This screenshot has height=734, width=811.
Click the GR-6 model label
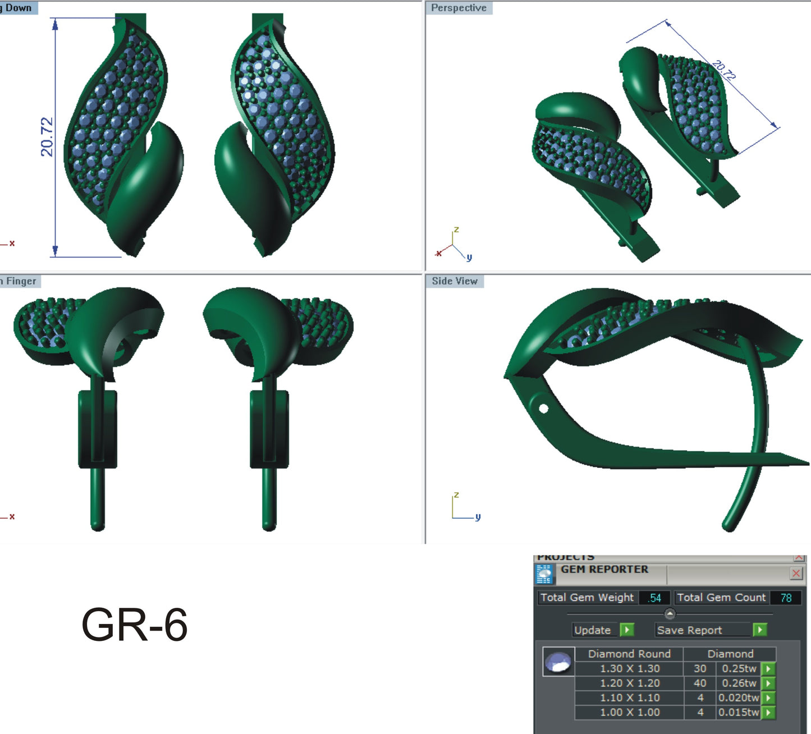click(135, 624)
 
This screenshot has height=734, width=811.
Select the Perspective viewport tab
click(459, 8)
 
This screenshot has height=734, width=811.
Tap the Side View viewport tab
click(455, 281)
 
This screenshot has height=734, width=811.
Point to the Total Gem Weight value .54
click(654, 598)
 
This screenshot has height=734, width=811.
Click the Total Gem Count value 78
click(786, 598)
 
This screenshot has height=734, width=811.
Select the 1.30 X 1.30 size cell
click(630, 668)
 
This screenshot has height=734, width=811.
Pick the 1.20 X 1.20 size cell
click(630, 683)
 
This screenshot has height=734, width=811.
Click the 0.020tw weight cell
click(739, 698)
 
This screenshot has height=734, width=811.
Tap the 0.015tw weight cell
click(739, 712)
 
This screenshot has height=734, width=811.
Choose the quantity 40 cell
click(700, 683)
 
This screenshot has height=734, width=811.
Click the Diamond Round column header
click(629, 654)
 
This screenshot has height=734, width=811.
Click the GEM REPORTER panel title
click(604, 570)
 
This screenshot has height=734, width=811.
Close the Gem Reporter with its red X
click(796, 574)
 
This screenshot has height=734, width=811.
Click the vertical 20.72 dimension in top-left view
click(47, 136)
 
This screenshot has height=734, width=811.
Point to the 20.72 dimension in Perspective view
click(725, 70)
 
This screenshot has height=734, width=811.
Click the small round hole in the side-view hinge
click(543, 408)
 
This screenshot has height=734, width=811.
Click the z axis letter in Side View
click(456, 495)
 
